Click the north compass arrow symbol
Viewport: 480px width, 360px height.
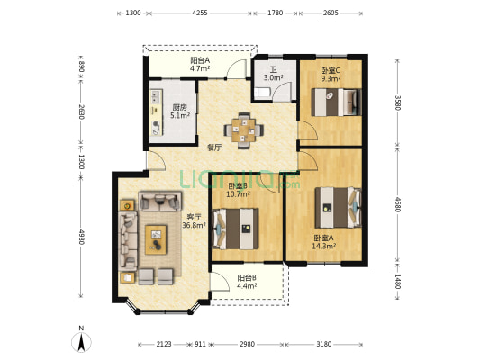click(x=81, y=342)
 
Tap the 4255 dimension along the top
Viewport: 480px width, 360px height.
click(x=200, y=13)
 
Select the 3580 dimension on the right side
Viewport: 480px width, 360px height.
click(x=397, y=103)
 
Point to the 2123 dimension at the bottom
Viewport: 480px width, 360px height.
click(x=164, y=344)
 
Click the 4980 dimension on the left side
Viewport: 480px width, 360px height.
click(x=81, y=237)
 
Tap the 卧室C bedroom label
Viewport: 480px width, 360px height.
click(x=331, y=71)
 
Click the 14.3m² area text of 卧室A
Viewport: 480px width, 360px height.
click(x=324, y=246)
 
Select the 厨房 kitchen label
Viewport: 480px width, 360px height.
click(x=180, y=108)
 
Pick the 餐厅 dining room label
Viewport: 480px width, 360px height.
click(x=214, y=148)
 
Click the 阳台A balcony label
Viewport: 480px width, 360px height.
click(x=200, y=60)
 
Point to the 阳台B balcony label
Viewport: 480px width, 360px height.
click(x=247, y=278)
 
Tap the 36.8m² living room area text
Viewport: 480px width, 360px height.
click(x=194, y=225)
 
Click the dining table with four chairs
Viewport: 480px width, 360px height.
click(x=244, y=130)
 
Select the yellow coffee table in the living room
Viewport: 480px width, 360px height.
click(x=156, y=239)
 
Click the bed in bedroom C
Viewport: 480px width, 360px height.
click(x=336, y=103)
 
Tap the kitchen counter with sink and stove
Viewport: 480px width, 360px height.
click(x=156, y=112)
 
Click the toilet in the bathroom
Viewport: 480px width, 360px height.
click(x=262, y=93)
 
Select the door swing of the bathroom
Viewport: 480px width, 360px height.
click(x=282, y=90)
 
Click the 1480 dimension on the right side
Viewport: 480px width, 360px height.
click(x=397, y=281)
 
